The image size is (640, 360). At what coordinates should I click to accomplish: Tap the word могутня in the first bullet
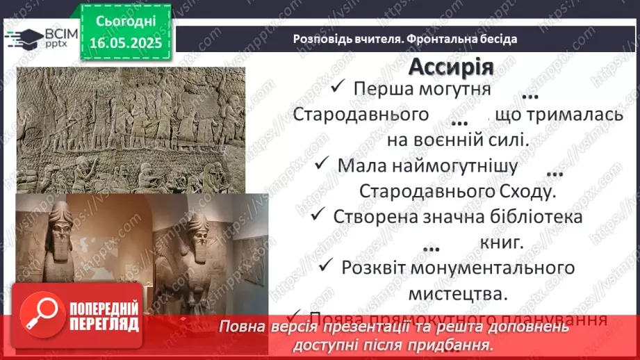(456, 88)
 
